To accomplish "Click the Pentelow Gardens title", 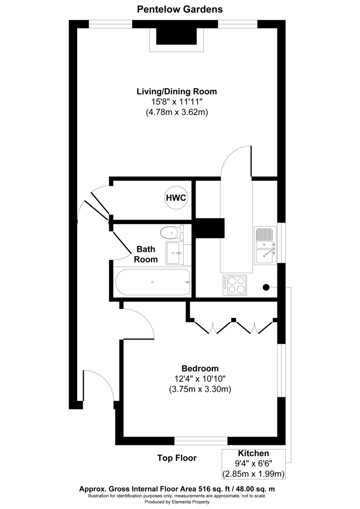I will (180, 9).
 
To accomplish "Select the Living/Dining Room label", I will (177, 91).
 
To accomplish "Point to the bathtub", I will (153, 282).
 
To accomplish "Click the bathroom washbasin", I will (174, 253).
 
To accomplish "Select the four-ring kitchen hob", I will (235, 285).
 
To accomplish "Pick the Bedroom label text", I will (200, 368).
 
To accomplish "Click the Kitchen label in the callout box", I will (253, 453).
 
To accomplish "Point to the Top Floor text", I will (177, 458).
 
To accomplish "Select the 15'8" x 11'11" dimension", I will (177, 102).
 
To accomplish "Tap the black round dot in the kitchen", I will (266, 287).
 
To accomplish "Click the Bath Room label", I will (146, 254).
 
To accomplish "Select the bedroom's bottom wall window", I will (201, 441).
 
